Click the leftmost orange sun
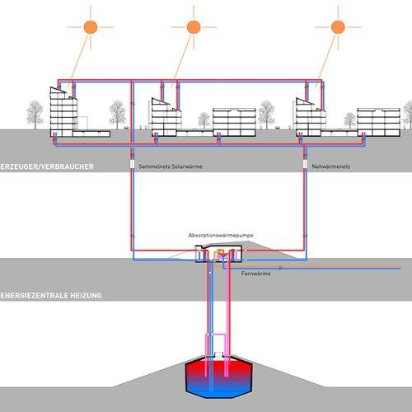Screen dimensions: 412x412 (x=91, y=27)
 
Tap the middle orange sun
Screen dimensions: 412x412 (x=194, y=27)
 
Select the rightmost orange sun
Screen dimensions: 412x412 (x=338, y=27)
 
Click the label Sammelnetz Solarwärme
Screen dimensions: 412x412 (x=171, y=166)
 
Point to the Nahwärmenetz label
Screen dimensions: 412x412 (x=331, y=166)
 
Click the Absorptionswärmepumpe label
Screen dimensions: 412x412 (x=221, y=236)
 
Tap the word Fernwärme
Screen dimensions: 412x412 (x=256, y=274)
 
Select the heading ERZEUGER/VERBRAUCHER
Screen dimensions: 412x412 (x=47, y=166)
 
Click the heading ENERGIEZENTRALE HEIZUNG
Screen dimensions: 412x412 (x=51, y=296)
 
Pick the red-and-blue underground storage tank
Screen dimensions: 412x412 (x=219, y=377)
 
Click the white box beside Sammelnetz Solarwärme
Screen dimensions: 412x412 (x=132, y=164)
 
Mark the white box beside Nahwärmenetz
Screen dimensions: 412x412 (x=305, y=164)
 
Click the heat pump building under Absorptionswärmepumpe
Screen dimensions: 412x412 (x=219, y=254)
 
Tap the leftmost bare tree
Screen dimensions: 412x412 (x=35, y=115)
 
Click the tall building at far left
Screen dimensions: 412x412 (x=63, y=112)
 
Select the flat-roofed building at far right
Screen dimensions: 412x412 (x=378, y=122)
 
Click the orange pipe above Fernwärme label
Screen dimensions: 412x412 (x=307, y=266)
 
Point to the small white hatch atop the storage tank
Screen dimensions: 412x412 (x=218, y=354)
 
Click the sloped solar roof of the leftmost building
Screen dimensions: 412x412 (x=59, y=91)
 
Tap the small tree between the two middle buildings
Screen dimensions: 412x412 (x=204, y=120)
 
